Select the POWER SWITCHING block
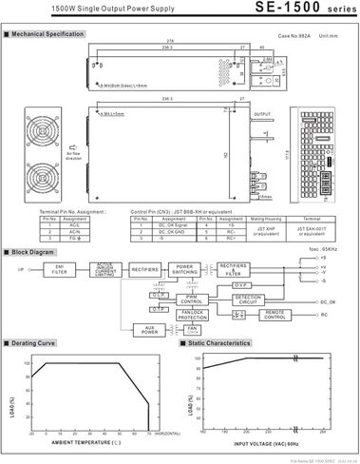pos(184,269)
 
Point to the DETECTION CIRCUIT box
pos(248,299)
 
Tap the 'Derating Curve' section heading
pos(35,342)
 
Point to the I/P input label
pos(19,269)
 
